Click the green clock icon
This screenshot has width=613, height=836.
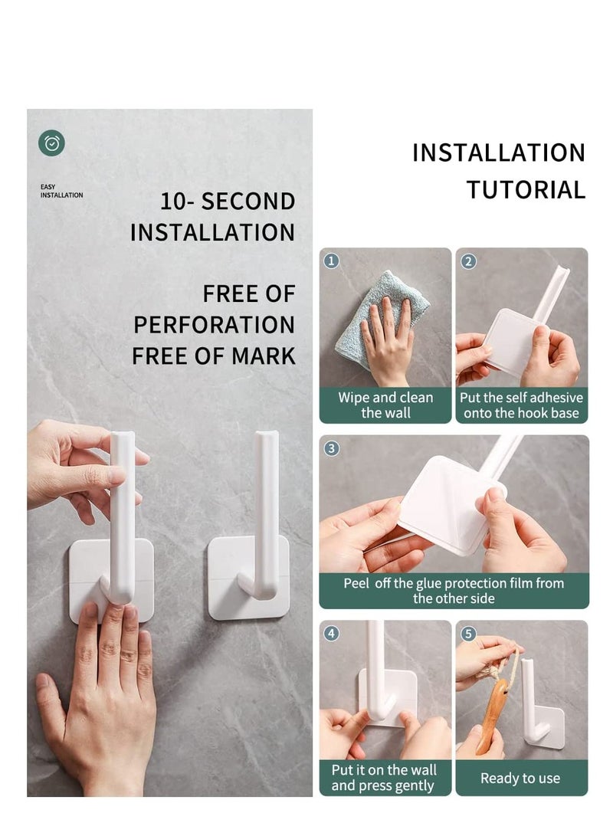[x=52, y=143]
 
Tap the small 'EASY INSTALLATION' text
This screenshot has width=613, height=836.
[x=61, y=191]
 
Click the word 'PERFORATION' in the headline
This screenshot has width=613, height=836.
[x=214, y=324]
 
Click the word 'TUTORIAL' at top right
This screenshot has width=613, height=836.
[x=526, y=189]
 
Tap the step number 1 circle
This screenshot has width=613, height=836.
[x=331, y=261]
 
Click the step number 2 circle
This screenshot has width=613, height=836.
[x=469, y=261]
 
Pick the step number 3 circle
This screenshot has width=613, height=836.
[x=331, y=448]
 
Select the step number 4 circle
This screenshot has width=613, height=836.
[x=331, y=634]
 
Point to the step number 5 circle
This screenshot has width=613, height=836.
[x=469, y=634]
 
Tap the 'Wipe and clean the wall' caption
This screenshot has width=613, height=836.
[x=385, y=405]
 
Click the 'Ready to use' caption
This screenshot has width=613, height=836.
[x=520, y=778]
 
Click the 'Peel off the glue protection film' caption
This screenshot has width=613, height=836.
[x=454, y=591]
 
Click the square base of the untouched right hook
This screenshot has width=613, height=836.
[x=228, y=582]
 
